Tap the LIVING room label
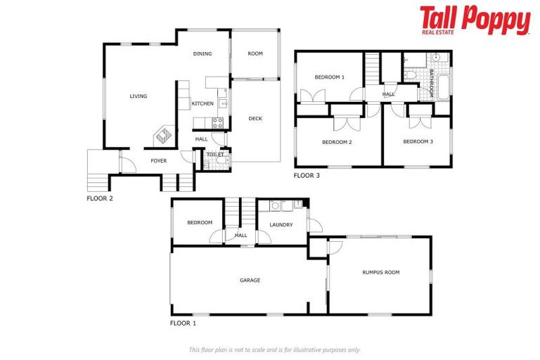pos(139,96)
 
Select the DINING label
pos(202,54)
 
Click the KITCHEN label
pos(202,104)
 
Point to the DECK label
pos(255,119)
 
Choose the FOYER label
pos(159,161)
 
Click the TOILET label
pos(214,155)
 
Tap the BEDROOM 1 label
pos(329,77)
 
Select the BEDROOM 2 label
pos(337,142)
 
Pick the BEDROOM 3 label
pos(418,142)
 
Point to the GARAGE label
pos(250,281)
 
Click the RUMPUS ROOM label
pos(380,272)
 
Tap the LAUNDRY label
pos(281,225)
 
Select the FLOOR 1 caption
pos(184,323)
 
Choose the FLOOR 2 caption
pos(100,198)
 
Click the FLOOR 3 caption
pos(307,176)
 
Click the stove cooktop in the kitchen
pos(218,122)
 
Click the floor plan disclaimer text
pos(274,349)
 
